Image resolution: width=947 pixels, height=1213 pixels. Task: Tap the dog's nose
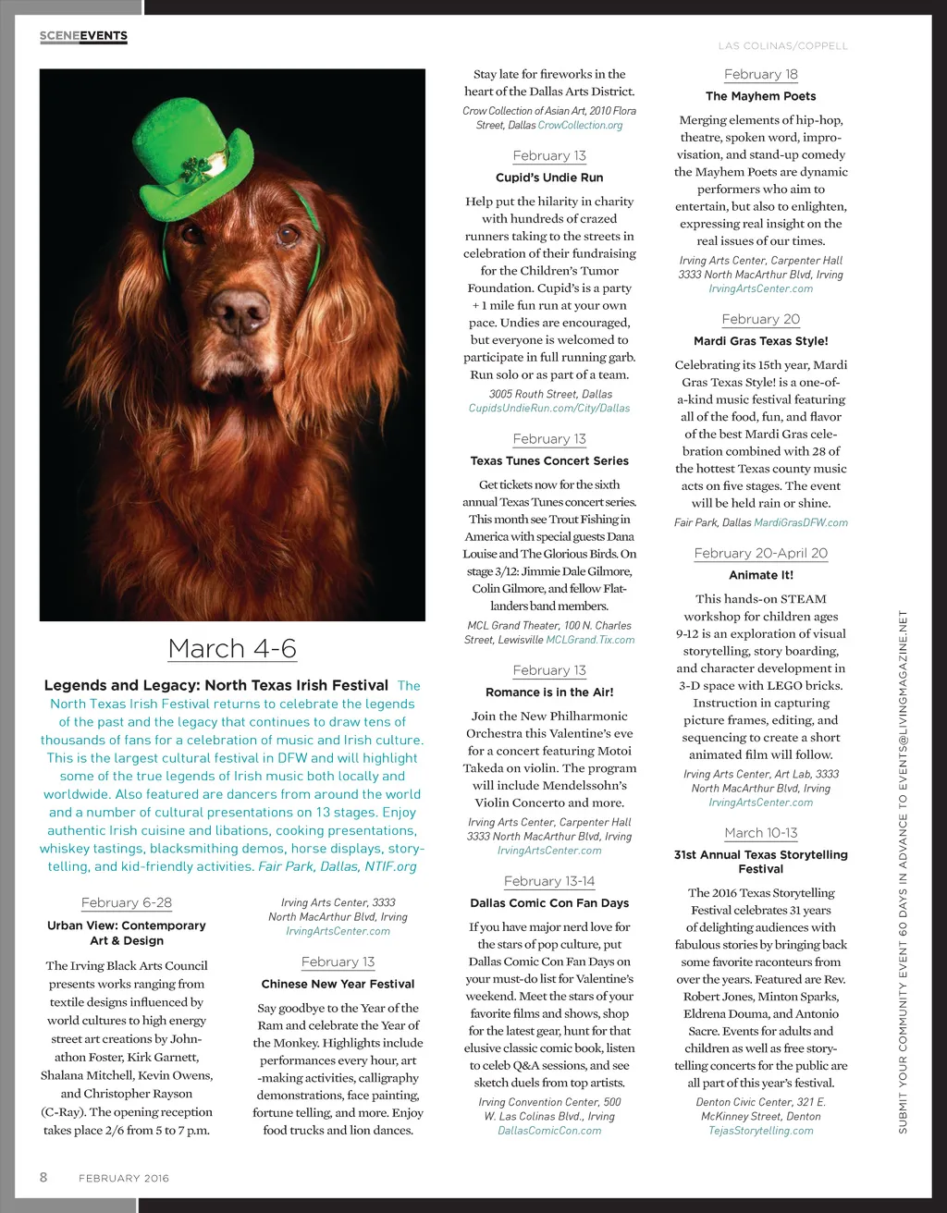coord(240,312)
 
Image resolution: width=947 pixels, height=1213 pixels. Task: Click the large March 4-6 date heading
coord(232,648)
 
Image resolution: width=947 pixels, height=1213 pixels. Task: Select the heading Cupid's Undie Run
coord(549,178)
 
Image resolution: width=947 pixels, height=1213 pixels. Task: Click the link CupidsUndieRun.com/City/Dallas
coord(549,408)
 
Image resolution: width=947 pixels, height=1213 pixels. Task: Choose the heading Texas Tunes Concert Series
coord(549,460)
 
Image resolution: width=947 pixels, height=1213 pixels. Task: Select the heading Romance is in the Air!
coord(549,692)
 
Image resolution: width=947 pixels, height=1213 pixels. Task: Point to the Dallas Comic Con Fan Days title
coord(549,903)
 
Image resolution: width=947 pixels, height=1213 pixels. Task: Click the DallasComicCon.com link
coord(549,1131)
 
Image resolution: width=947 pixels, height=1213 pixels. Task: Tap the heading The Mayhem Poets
coord(760,96)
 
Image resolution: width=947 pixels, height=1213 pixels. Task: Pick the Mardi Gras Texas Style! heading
coord(760,341)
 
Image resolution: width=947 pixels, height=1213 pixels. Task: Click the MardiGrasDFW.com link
coord(801,522)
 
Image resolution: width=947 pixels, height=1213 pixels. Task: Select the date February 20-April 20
coord(760,553)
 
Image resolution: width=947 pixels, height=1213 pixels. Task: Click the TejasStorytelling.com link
coord(760,1131)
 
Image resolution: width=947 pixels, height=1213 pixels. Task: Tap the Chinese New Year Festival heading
coord(338,984)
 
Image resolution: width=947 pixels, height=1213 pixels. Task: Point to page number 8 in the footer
coord(43,1177)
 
